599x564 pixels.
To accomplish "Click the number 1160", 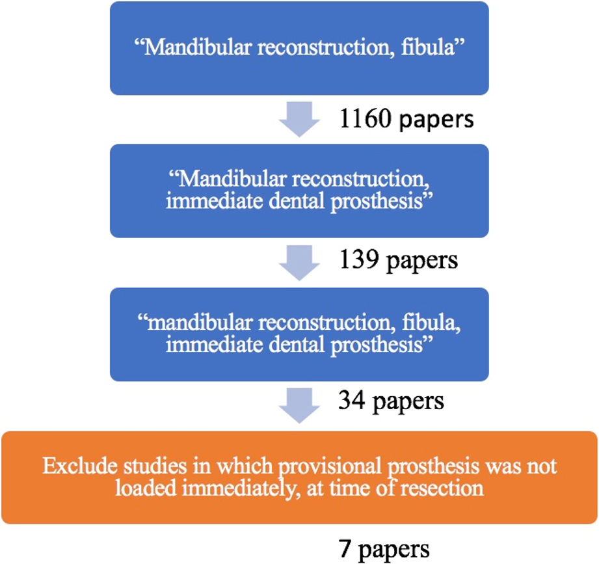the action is (x=366, y=118).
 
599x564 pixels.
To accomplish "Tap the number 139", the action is (x=359, y=260).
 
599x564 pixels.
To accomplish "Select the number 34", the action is (x=352, y=400).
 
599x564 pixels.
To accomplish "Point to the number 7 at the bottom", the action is (x=345, y=548).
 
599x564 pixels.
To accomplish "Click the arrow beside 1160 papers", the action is (x=299, y=119).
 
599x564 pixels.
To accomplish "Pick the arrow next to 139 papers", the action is (x=299, y=263).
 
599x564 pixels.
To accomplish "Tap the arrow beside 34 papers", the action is (x=299, y=406).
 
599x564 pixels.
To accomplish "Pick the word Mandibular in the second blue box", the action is (x=233, y=178).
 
